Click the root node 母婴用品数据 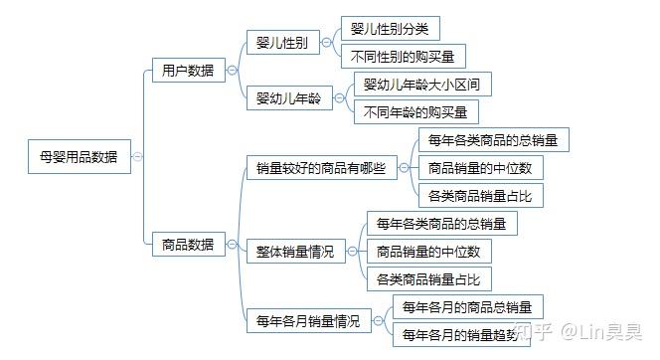79,156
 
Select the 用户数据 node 187,71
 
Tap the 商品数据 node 187,244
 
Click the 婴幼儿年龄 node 288,98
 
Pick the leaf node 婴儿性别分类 390,29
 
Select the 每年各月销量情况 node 307,320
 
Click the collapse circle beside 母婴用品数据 137,156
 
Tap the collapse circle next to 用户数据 232,71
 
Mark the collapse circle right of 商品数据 232,244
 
